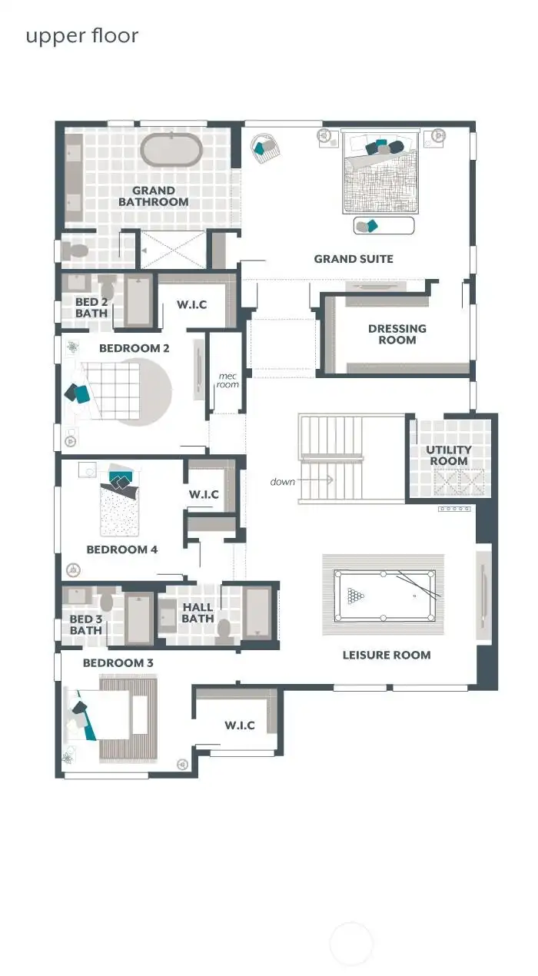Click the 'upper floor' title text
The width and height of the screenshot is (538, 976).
(82, 36)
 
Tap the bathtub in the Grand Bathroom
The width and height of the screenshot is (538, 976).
(171, 150)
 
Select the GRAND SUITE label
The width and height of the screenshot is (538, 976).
(354, 259)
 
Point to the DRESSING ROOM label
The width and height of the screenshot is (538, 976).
(397, 334)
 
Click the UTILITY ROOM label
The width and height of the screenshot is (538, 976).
(449, 456)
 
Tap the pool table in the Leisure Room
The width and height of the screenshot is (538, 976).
(384, 596)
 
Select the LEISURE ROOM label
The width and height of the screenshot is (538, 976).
(387, 656)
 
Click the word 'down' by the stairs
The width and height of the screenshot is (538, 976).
(283, 482)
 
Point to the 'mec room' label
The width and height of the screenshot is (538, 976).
(228, 380)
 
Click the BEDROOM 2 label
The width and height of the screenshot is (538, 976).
(134, 348)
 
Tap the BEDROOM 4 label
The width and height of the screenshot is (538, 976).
(122, 549)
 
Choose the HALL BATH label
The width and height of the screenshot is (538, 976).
(198, 612)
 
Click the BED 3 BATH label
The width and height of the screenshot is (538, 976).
(85, 625)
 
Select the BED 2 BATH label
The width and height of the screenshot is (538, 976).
(91, 307)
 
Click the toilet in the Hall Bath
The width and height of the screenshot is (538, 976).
(224, 629)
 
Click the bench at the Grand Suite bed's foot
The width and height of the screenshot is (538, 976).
(384, 225)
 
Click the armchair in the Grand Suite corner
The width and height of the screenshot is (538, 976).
(265, 147)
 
